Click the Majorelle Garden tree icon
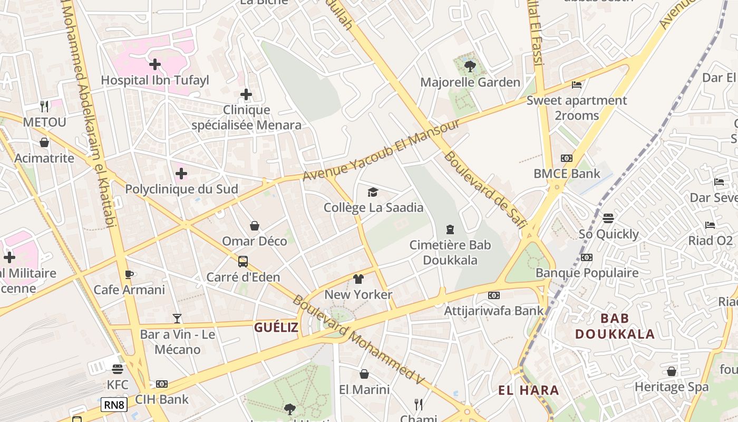pyautogui.click(x=470, y=66)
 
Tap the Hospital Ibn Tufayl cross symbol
pyautogui.click(x=155, y=64)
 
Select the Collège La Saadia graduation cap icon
pyautogui.click(x=373, y=192)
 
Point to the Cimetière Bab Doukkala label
pyautogui.click(x=450, y=252)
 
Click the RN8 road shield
pyautogui.click(x=114, y=405)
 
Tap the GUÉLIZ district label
pyautogui.click(x=276, y=328)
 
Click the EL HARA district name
pyautogui.click(x=529, y=390)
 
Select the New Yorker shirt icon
pyautogui.click(x=358, y=279)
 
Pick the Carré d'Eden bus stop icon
pyautogui.click(x=243, y=261)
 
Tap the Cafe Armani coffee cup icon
pyautogui.click(x=129, y=274)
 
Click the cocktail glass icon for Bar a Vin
pyautogui.click(x=177, y=319)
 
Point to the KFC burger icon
pyautogui.click(x=118, y=369)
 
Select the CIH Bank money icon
pyautogui.click(x=162, y=384)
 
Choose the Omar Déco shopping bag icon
pyautogui.click(x=255, y=226)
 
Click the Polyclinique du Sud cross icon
pyautogui.click(x=181, y=174)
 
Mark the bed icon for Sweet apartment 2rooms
pyautogui.click(x=577, y=84)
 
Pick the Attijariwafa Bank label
pyautogui.click(x=493, y=311)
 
